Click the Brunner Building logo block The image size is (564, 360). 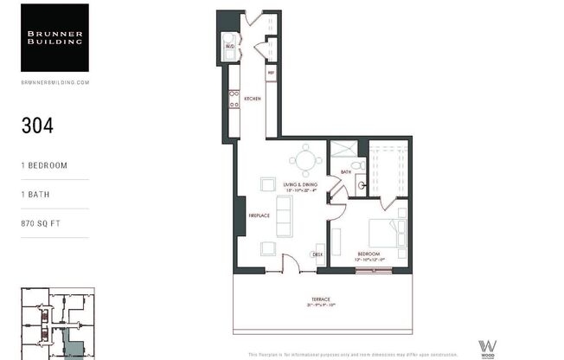tap(54, 37)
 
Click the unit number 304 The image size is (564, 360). tap(38, 125)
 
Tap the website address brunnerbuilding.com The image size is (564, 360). tap(54, 82)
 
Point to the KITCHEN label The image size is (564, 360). tap(252, 99)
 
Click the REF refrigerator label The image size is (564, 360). tap(271, 73)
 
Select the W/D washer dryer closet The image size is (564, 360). tap(229, 47)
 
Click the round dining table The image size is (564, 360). tap(304, 160)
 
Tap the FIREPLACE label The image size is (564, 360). tap(260, 216)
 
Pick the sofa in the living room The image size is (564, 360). tap(283, 215)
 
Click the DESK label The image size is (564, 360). tap(317, 254)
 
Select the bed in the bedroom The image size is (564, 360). tap(388, 233)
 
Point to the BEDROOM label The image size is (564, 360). tap(369, 254)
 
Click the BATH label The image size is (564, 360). tap(345, 172)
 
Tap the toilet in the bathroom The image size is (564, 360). tap(358, 165)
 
